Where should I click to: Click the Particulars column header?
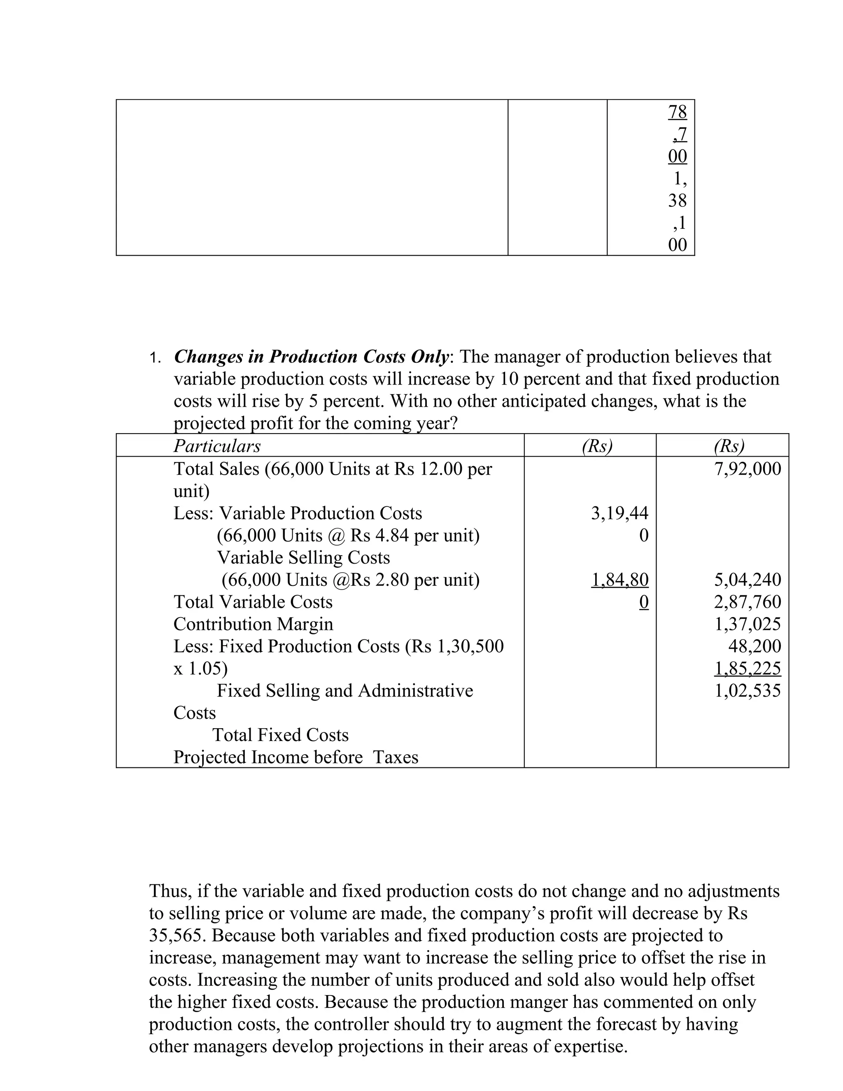coord(217,445)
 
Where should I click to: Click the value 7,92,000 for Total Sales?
coord(747,469)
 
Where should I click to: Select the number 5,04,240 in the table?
coord(747,580)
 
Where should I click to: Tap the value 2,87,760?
coord(747,602)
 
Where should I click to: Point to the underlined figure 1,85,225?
coord(747,668)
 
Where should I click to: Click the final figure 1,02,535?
coord(747,691)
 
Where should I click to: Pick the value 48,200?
coord(754,646)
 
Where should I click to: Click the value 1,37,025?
coord(747,624)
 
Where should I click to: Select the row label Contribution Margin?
coord(253,624)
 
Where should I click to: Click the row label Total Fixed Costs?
coord(280,735)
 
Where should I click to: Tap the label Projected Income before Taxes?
coord(296,757)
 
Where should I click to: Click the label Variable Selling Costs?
coord(303,557)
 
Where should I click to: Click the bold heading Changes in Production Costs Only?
coord(311,357)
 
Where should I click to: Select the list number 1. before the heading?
coord(155,358)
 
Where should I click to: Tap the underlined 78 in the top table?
coord(677,112)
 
